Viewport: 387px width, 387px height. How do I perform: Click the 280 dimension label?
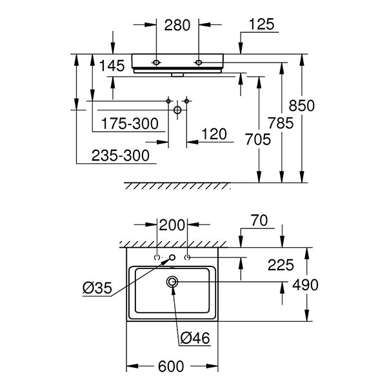177,25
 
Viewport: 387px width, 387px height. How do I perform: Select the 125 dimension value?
261,25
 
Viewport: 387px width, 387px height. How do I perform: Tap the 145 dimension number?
112,66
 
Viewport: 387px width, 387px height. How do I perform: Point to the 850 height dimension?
302,106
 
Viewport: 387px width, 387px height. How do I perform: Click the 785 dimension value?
281,123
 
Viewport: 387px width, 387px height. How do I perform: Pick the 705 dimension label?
257,139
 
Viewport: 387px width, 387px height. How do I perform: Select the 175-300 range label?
130,124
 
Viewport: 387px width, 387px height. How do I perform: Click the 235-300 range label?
121,155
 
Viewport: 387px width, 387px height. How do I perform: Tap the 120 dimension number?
214,134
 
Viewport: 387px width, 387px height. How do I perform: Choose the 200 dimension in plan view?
172,225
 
